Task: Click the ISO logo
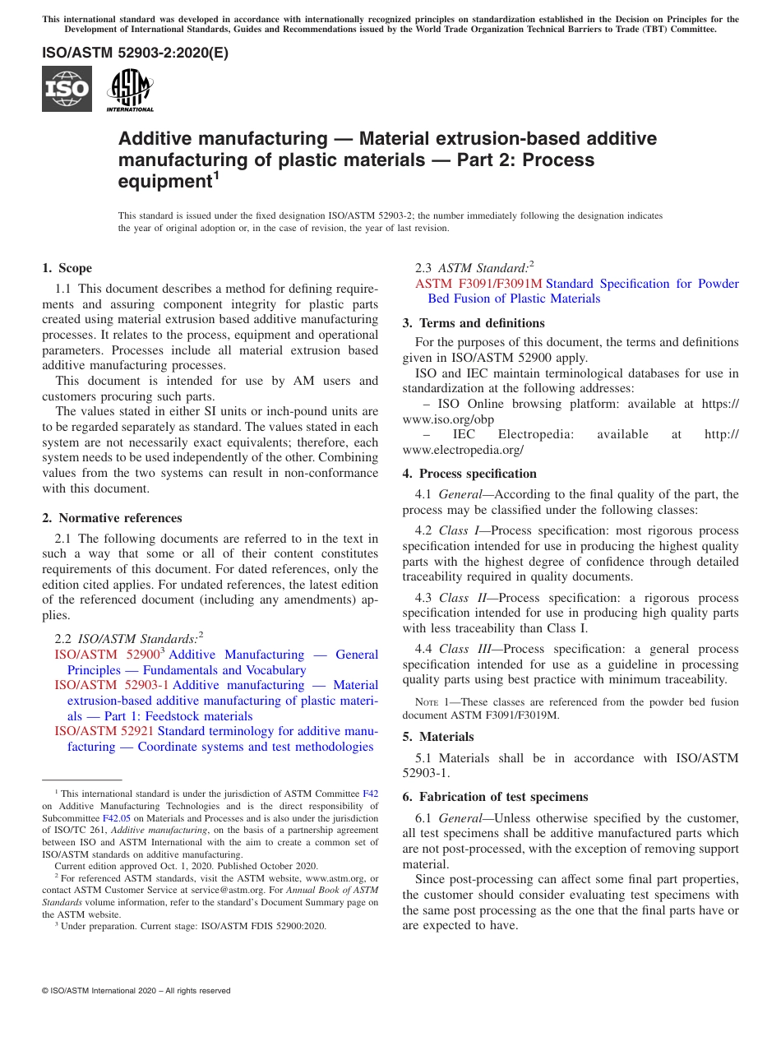click(x=67, y=89)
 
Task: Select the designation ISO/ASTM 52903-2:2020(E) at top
click(x=135, y=53)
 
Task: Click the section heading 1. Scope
click(x=67, y=268)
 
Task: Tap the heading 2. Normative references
click(x=112, y=518)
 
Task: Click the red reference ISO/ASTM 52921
click(x=104, y=731)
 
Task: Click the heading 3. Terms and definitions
click(x=474, y=323)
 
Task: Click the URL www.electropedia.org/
click(x=463, y=450)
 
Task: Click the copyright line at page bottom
click(x=136, y=991)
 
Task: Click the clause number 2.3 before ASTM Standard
click(x=425, y=268)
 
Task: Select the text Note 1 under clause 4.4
click(x=432, y=702)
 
